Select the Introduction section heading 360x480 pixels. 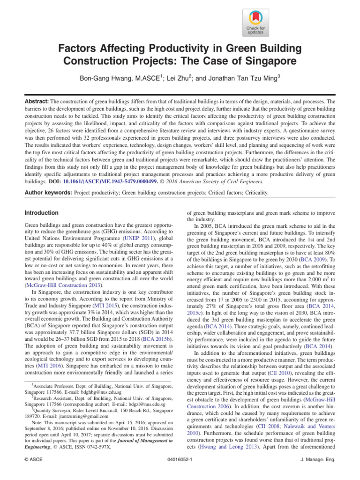click(42, 212)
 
